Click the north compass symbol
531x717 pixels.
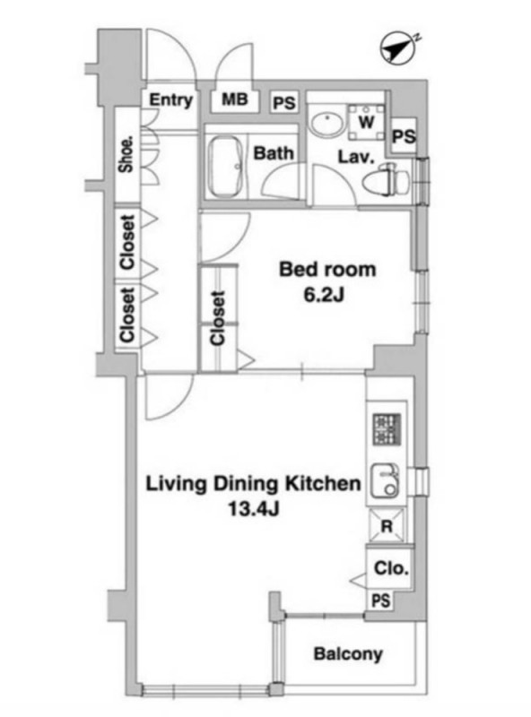point(398,48)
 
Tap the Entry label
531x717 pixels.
point(171,100)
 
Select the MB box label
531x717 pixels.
point(235,99)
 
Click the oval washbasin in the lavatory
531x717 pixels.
point(327,122)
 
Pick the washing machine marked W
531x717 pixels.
point(366,122)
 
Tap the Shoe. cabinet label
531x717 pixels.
point(126,154)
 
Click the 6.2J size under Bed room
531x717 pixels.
point(324,296)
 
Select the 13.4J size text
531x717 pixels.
point(254,508)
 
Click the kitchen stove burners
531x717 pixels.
point(387,429)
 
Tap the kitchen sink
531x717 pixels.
point(385,481)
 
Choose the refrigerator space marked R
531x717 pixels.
point(387,526)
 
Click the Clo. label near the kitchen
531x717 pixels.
point(391,568)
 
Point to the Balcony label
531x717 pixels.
point(348,654)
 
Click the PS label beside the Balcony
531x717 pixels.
point(381,600)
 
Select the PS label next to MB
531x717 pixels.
point(284,103)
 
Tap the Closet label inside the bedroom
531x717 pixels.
point(217,318)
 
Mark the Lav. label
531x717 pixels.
point(356,158)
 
